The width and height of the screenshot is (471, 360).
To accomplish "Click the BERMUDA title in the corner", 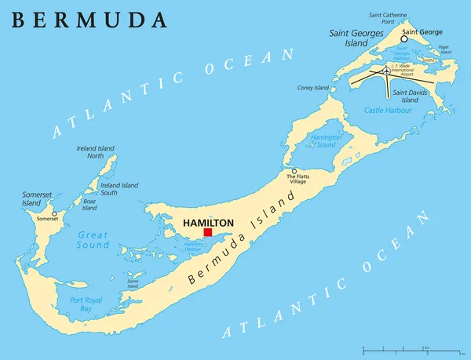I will click(89, 20).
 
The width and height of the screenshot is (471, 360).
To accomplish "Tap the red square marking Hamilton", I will click(208, 232).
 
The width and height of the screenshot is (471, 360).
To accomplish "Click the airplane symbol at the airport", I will click(385, 71).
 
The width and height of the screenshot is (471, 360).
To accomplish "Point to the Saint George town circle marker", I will click(404, 38).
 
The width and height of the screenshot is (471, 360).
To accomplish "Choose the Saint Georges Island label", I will click(356, 37).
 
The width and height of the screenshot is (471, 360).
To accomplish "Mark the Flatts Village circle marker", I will click(294, 171).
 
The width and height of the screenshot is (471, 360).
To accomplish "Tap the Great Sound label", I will click(93, 239).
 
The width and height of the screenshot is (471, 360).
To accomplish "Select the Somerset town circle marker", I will click(54, 213).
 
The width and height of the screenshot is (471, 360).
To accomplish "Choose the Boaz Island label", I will click(90, 205).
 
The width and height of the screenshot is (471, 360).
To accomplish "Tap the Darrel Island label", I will click(133, 283).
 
